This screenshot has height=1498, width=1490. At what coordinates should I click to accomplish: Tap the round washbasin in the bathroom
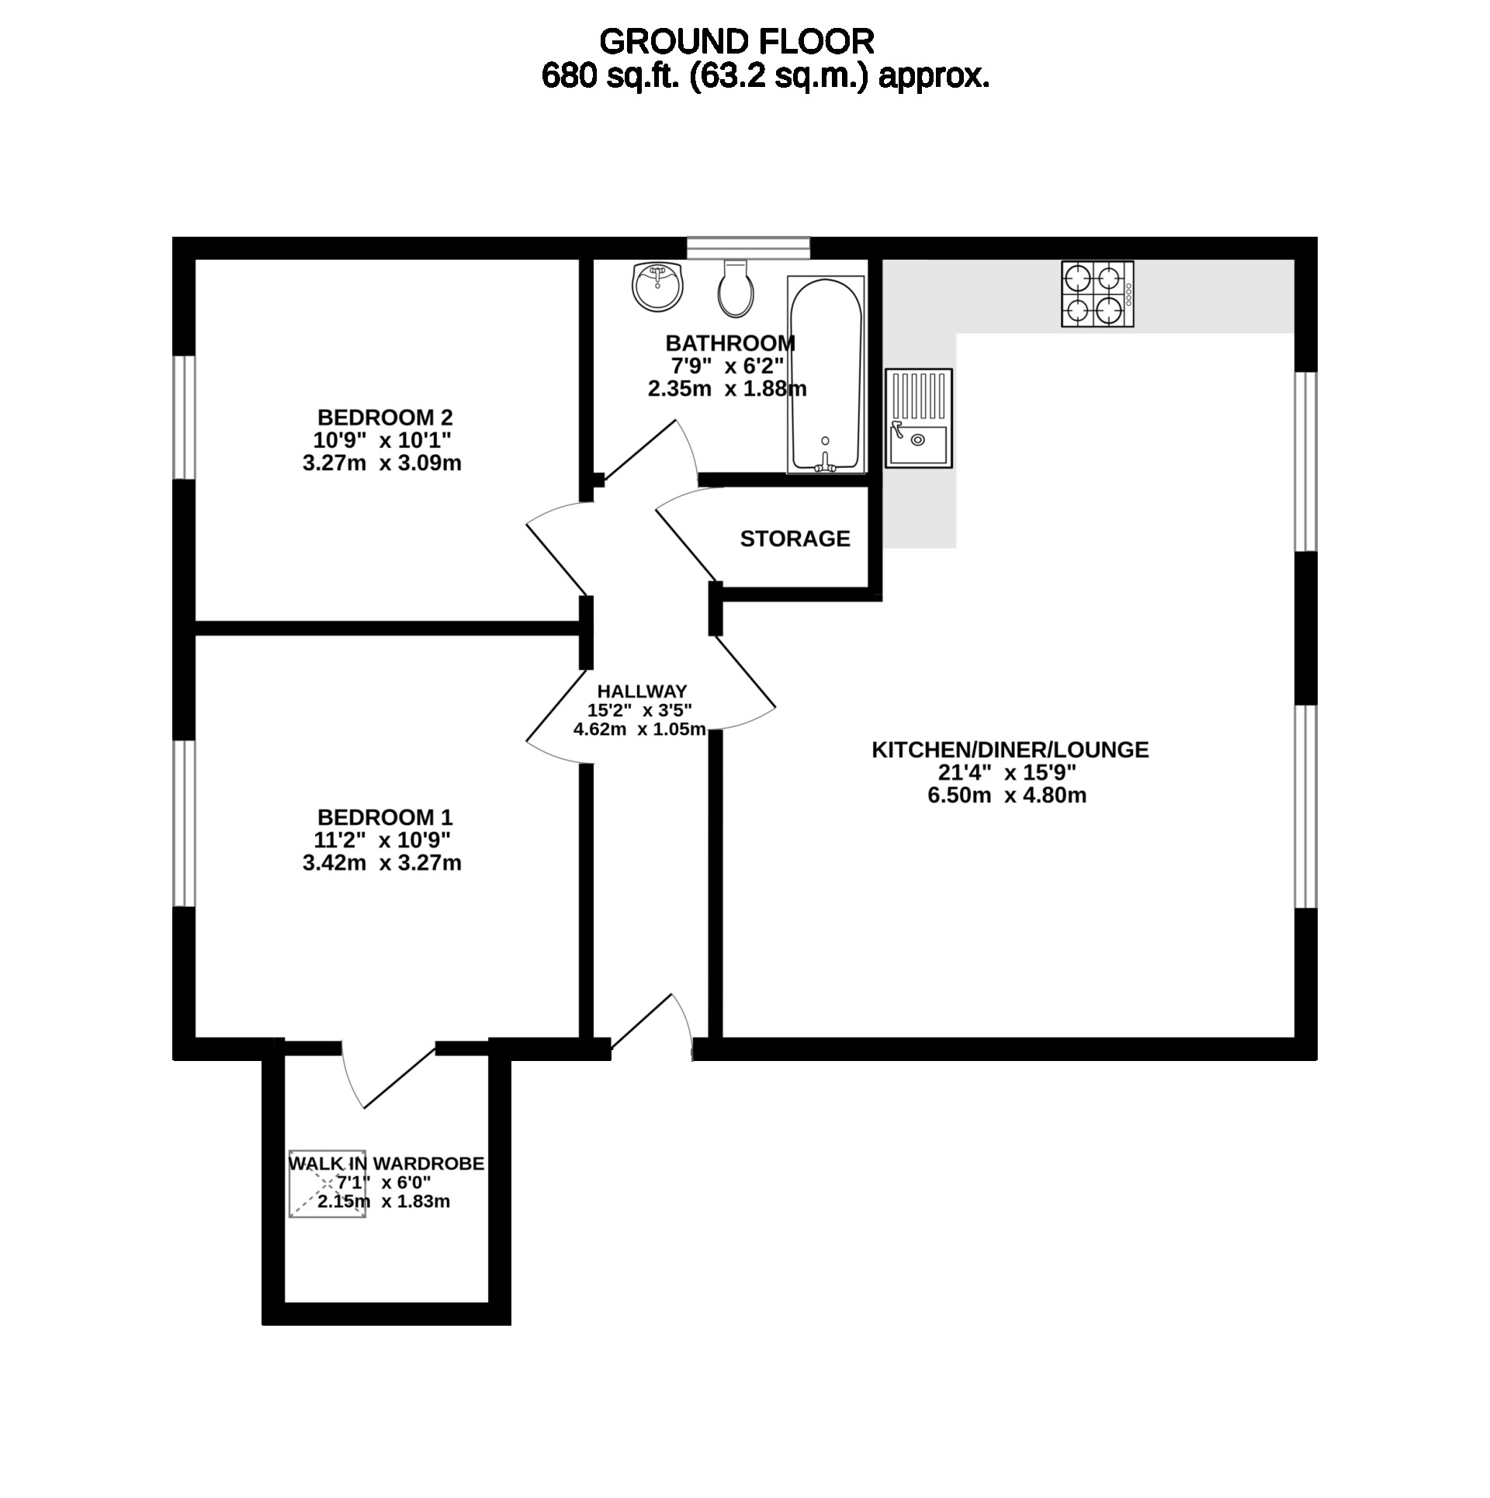[658, 286]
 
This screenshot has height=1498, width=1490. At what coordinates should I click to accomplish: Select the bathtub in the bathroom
[826, 374]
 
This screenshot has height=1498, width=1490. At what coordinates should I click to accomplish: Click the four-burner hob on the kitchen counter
[1097, 293]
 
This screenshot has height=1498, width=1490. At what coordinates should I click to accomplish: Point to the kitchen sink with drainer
[919, 418]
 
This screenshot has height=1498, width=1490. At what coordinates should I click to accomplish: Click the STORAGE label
[795, 539]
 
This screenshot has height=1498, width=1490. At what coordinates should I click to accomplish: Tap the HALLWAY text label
[642, 691]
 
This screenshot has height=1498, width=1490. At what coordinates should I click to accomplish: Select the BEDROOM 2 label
[385, 418]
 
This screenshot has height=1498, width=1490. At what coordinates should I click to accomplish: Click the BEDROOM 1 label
[385, 817]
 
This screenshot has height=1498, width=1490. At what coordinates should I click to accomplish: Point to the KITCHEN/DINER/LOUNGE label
[1010, 750]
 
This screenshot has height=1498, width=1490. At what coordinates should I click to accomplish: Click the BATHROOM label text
[730, 342]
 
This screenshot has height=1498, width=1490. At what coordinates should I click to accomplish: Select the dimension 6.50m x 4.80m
[1007, 795]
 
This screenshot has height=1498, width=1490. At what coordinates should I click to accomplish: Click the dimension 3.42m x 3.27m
[382, 863]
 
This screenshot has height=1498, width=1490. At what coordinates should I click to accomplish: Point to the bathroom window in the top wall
[749, 247]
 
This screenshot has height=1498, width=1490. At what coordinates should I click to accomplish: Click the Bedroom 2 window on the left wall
[183, 418]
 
